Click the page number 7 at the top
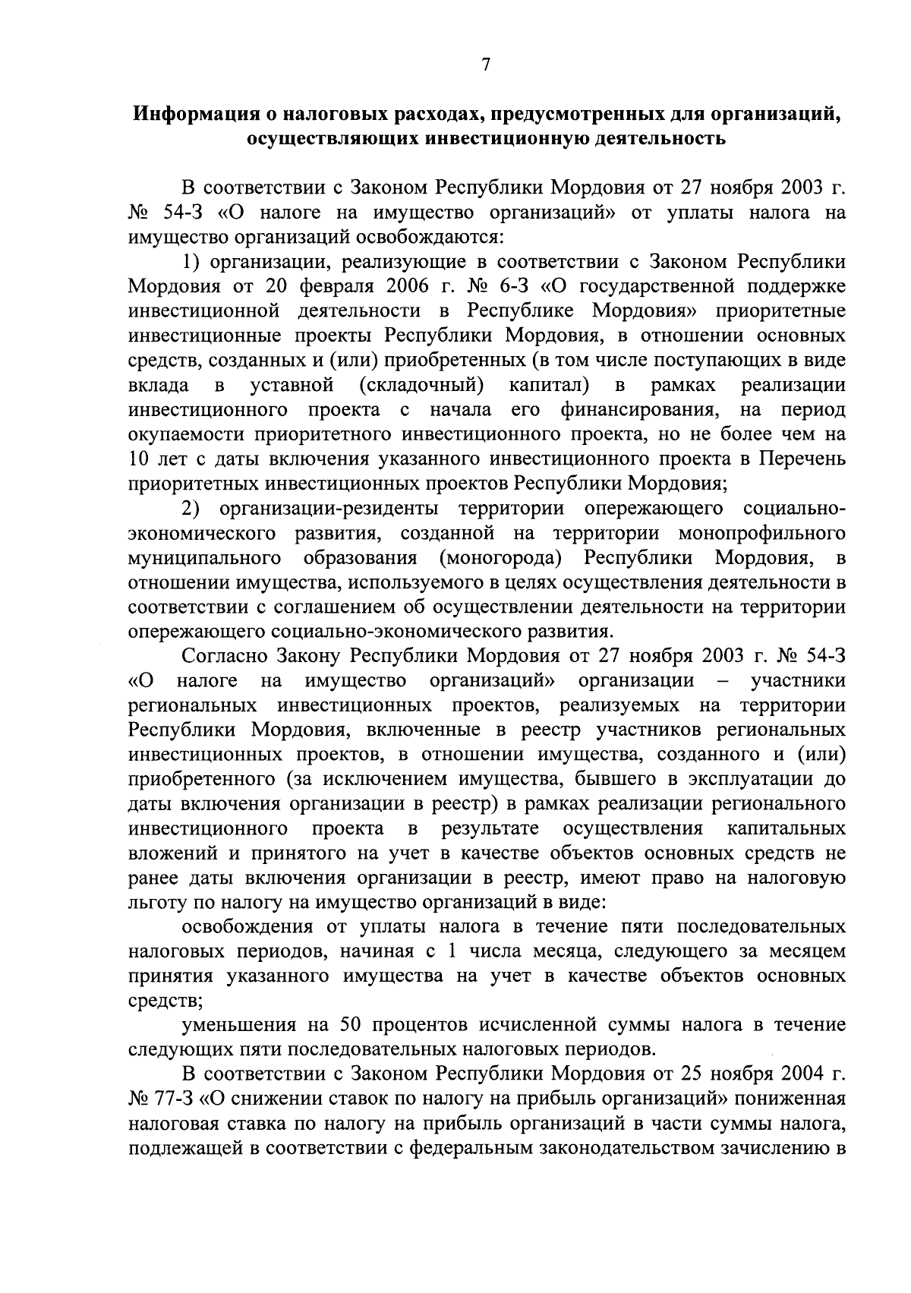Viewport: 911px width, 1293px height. coord(487,65)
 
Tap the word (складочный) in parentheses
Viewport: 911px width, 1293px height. coord(421,385)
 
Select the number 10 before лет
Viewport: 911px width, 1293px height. coord(140,459)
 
